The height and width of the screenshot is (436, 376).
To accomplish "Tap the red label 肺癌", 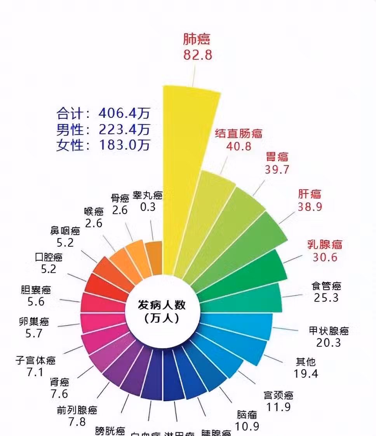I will [197, 39].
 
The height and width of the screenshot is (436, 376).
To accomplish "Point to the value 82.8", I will [198, 54].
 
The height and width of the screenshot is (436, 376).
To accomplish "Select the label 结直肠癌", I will [238, 134].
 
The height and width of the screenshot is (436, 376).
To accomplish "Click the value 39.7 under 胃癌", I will [277, 169].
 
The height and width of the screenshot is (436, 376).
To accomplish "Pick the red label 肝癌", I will [310, 194].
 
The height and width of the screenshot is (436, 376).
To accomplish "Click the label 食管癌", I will [326, 286].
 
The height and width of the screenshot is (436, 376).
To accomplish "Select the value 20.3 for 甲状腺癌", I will [329, 343].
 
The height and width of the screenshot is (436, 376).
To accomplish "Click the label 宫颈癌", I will [278, 395].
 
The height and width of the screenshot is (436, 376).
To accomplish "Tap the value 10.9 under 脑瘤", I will [247, 426].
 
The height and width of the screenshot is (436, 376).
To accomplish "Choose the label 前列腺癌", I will [77, 410].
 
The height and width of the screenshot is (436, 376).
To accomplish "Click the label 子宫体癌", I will [35, 360].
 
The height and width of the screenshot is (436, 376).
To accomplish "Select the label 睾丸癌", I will [147, 195].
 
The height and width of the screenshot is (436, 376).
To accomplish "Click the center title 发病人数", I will [162, 305].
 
